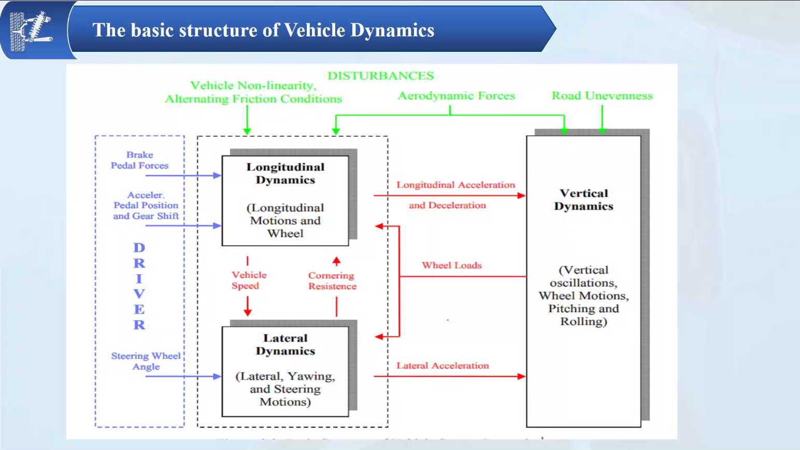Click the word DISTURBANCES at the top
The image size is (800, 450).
click(x=380, y=76)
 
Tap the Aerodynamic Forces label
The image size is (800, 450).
click(x=456, y=96)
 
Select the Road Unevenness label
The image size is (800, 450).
click(x=602, y=96)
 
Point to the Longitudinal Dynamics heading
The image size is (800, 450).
click(x=285, y=173)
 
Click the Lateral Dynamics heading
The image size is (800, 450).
click(x=285, y=344)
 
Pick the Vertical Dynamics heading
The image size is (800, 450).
click(x=583, y=200)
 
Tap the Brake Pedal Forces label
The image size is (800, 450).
click(x=139, y=160)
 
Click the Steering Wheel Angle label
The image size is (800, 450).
click(x=146, y=361)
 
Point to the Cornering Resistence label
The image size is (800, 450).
click(x=332, y=280)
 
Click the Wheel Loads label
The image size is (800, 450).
click(x=451, y=265)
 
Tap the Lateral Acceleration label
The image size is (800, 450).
click(x=442, y=365)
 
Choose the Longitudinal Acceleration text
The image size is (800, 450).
click(x=455, y=185)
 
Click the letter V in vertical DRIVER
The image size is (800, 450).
click(x=139, y=294)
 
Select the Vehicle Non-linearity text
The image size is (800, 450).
click(x=253, y=86)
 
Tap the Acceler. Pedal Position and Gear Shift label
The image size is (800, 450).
click(x=146, y=205)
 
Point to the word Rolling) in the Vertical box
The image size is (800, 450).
click(x=583, y=321)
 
